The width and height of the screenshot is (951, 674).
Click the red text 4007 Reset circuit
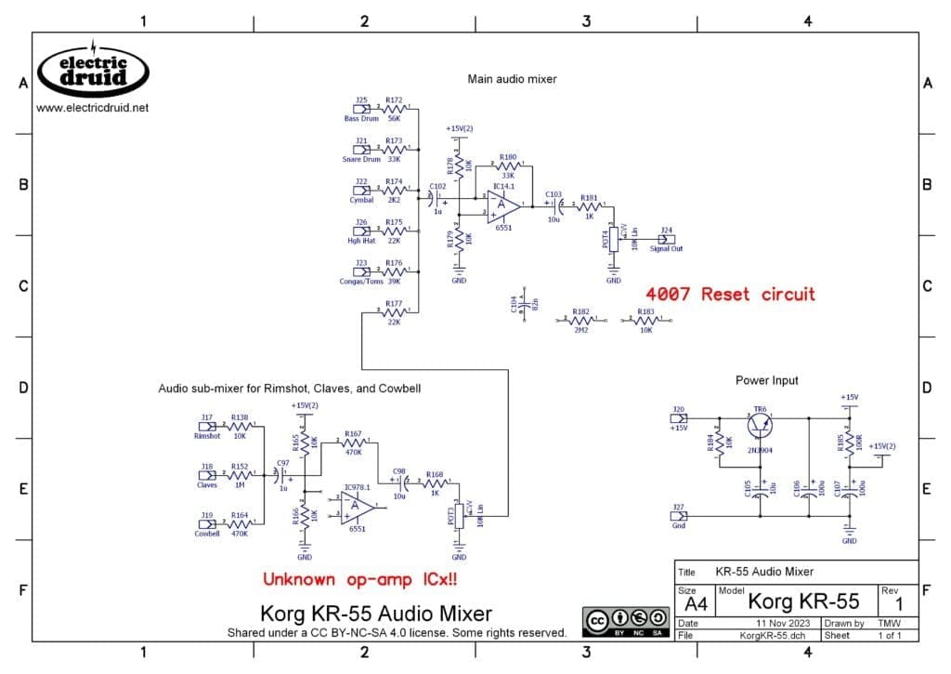[731, 294]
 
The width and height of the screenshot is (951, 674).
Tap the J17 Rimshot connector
[208, 428]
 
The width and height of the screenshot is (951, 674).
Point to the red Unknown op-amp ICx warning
[360, 579]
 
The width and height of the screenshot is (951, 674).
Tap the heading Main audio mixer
[512, 79]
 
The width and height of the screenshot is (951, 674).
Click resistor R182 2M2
[581, 321]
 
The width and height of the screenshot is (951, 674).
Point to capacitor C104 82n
[525, 303]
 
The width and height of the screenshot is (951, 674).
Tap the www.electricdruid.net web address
[92, 108]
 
